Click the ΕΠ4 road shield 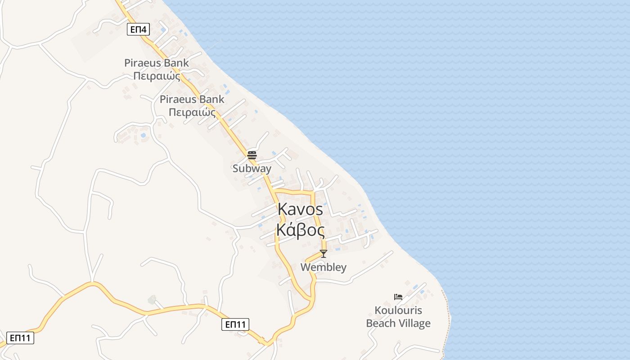coord(138,30)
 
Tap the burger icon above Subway coord(252,156)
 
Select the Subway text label coord(252,169)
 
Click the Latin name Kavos coord(300,209)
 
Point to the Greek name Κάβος coord(300,230)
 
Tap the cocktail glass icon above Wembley coord(323,254)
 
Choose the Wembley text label coord(323,267)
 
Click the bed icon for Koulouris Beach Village coord(398,297)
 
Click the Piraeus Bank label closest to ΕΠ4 coord(157,63)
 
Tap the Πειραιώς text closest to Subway coord(192,112)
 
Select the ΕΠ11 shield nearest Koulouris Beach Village coord(235,324)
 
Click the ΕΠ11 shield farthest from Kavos coord(20,338)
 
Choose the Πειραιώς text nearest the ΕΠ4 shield coord(157,76)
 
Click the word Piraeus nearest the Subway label coord(179,99)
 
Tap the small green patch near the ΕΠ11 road coord(152,299)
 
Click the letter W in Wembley coord(305,267)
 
